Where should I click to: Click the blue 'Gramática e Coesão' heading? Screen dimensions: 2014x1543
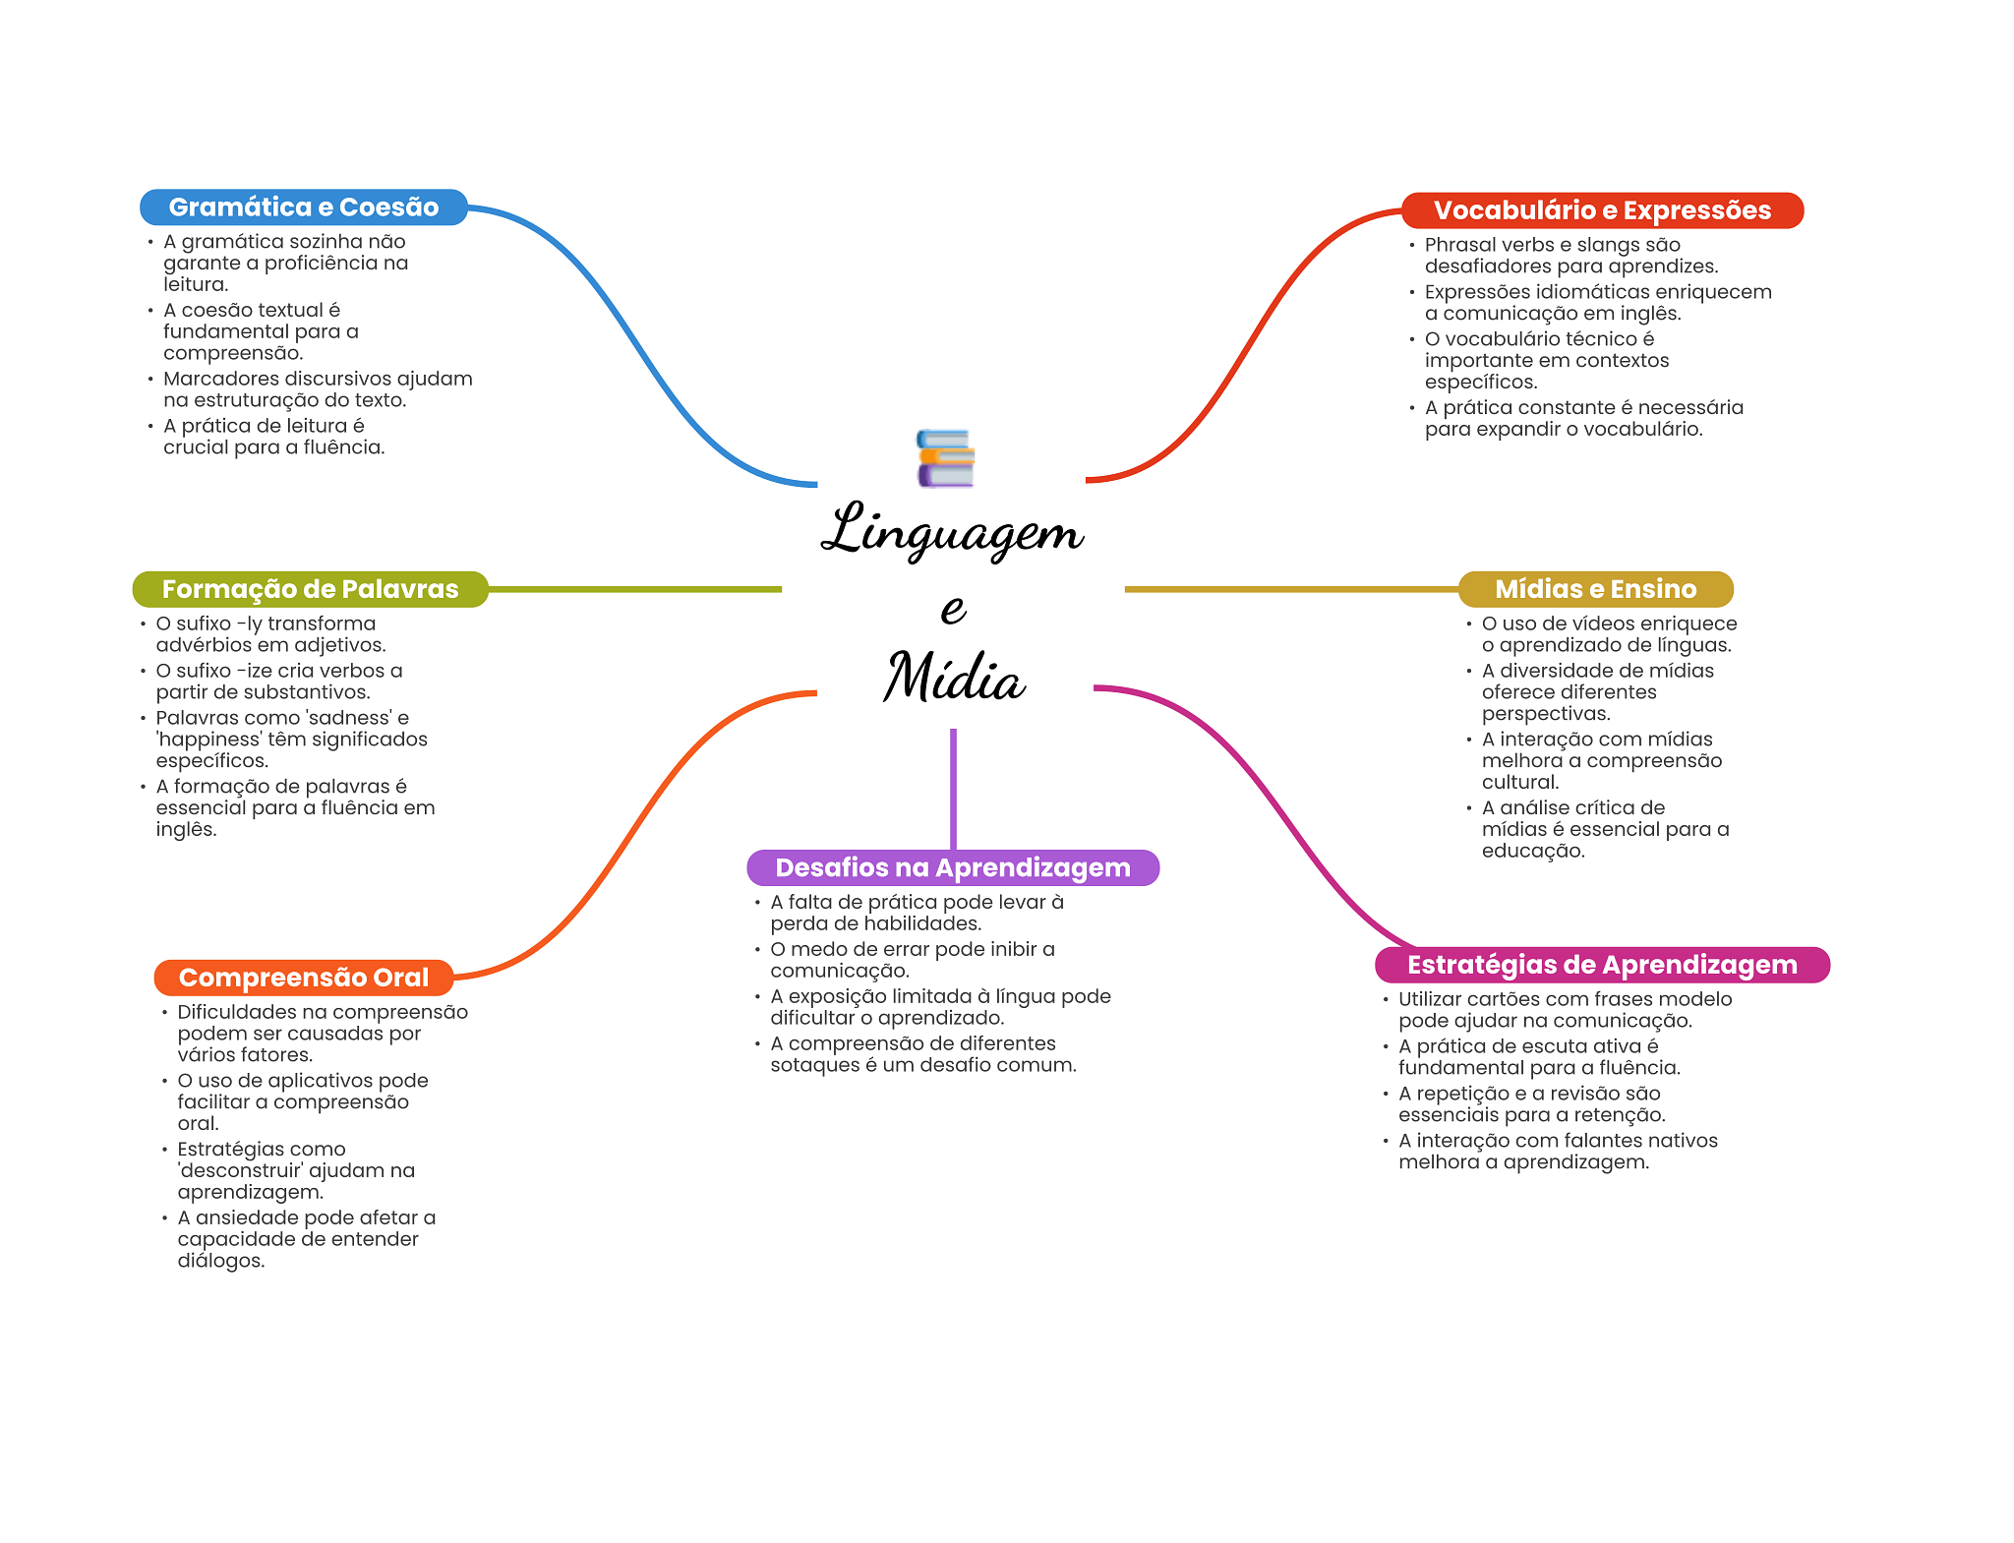click(304, 208)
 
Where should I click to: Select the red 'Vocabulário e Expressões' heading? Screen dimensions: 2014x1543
click(1602, 210)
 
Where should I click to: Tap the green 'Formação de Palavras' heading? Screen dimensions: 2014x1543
click(311, 589)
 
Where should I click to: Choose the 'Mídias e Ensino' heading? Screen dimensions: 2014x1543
click(1595, 589)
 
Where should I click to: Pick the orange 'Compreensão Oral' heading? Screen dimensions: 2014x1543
click(304, 978)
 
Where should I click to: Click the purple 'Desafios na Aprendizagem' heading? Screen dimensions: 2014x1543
click(953, 867)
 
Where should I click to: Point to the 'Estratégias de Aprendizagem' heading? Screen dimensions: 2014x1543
click(1602, 965)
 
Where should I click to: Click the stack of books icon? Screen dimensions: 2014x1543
click(945, 458)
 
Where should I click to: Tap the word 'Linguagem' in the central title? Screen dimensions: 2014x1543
click(952, 531)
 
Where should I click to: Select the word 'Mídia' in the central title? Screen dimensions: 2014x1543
click(954, 677)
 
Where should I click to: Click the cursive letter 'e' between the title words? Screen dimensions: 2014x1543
click(953, 609)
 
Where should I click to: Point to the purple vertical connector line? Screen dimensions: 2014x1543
click(953, 789)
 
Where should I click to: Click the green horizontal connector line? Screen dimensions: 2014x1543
click(635, 589)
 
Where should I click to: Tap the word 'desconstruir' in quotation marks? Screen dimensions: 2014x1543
click(240, 1170)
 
